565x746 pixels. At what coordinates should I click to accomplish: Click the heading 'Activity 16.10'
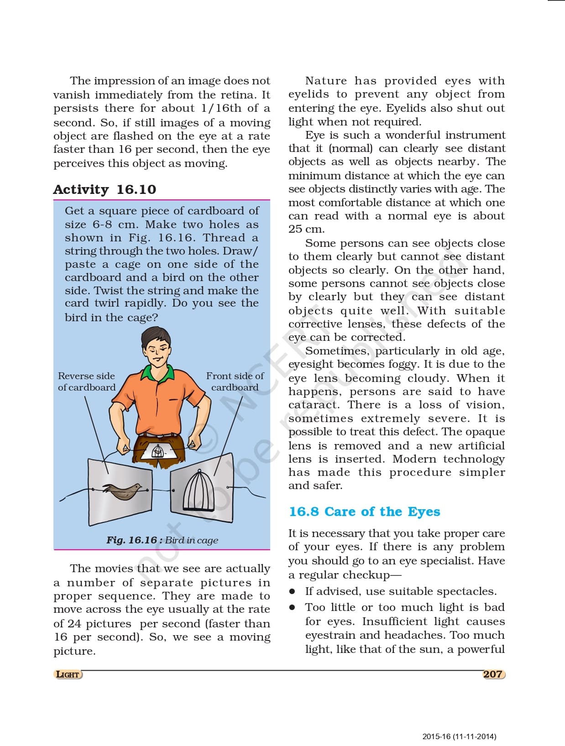click(105, 189)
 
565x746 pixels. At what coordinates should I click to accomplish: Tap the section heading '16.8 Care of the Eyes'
click(364, 511)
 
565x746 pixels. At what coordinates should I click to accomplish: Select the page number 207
click(492, 674)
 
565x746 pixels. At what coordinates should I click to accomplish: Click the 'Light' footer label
click(68, 674)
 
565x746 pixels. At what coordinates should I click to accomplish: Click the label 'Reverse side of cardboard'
click(87, 381)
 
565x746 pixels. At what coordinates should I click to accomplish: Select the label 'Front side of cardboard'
click(235, 381)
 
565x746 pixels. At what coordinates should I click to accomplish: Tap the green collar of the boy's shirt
click(157, 372)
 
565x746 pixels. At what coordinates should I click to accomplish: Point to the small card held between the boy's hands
click(158, 452)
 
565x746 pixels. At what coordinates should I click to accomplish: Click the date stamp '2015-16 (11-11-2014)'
click(459, 736)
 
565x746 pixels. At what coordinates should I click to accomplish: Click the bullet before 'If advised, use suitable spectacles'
click(293, 592)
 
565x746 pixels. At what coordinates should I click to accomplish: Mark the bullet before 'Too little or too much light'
click(293, 608)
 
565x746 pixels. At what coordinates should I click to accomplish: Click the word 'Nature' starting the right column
click(326, 81)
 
